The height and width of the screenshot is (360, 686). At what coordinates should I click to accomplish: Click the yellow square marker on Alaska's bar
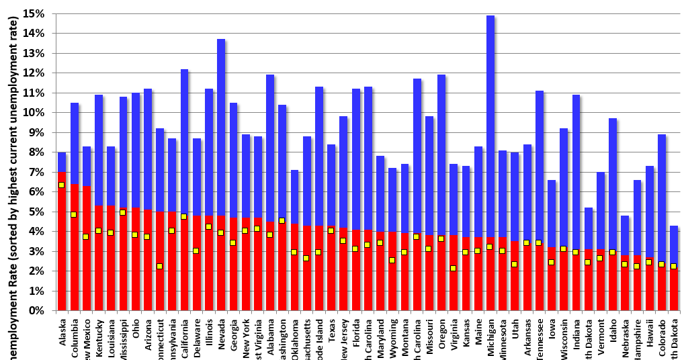[x=61, y=185]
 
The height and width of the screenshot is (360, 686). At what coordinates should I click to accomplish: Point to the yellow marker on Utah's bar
[x=514, y=264]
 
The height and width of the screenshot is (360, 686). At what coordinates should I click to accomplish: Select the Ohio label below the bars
[x=136, y=332]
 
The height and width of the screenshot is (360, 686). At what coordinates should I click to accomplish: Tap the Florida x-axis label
[x=355, y=334]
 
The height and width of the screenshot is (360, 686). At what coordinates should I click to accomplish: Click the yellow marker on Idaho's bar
[x=612, y=253]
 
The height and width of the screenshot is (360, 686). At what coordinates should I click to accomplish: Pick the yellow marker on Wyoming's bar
[x=392, y=260]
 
